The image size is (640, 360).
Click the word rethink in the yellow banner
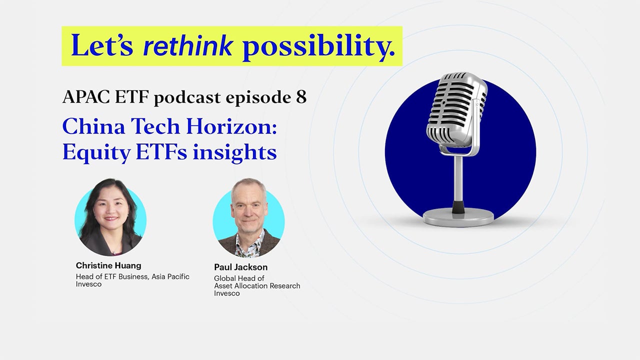click(188, 46)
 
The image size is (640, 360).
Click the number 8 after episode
click(301, 97)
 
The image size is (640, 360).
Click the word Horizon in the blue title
click(231, 126)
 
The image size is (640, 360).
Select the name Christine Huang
click(108, 265)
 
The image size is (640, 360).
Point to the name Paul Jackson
click(240, 267)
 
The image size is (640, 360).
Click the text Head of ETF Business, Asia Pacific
click(132, 276)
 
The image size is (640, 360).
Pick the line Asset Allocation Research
click(257, 286)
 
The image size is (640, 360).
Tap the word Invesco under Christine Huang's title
click(88, 284)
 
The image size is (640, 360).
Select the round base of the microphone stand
click(458, 216)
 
